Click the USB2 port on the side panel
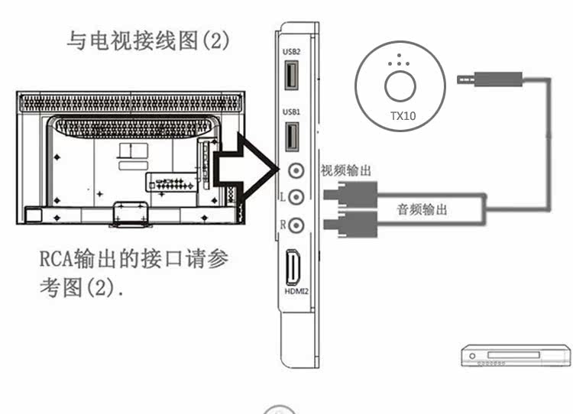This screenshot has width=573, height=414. pos(291,75)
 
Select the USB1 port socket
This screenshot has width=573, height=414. pos(292,136)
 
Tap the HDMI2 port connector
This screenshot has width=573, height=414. pos(293,267)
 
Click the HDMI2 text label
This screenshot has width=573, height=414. pos(296,291)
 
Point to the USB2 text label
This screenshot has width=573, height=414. pos(291,51)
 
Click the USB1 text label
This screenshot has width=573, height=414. pos(291,112)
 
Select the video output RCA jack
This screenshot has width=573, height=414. pos(296,170)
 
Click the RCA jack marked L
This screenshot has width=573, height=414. pos(296,197)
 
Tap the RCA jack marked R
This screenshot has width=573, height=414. pos(296,225)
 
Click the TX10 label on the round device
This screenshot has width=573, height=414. pos(403,116)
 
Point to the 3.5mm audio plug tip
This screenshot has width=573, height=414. pos(458,79)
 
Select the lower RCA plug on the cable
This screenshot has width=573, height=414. pos(350,224)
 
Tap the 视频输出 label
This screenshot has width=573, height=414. pos(345,170)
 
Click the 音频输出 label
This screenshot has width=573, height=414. pos(422,209)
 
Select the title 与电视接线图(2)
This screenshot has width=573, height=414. pos(149,40)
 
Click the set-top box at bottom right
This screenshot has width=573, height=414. pos(516,355)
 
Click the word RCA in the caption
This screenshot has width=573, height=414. pos(57,259)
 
